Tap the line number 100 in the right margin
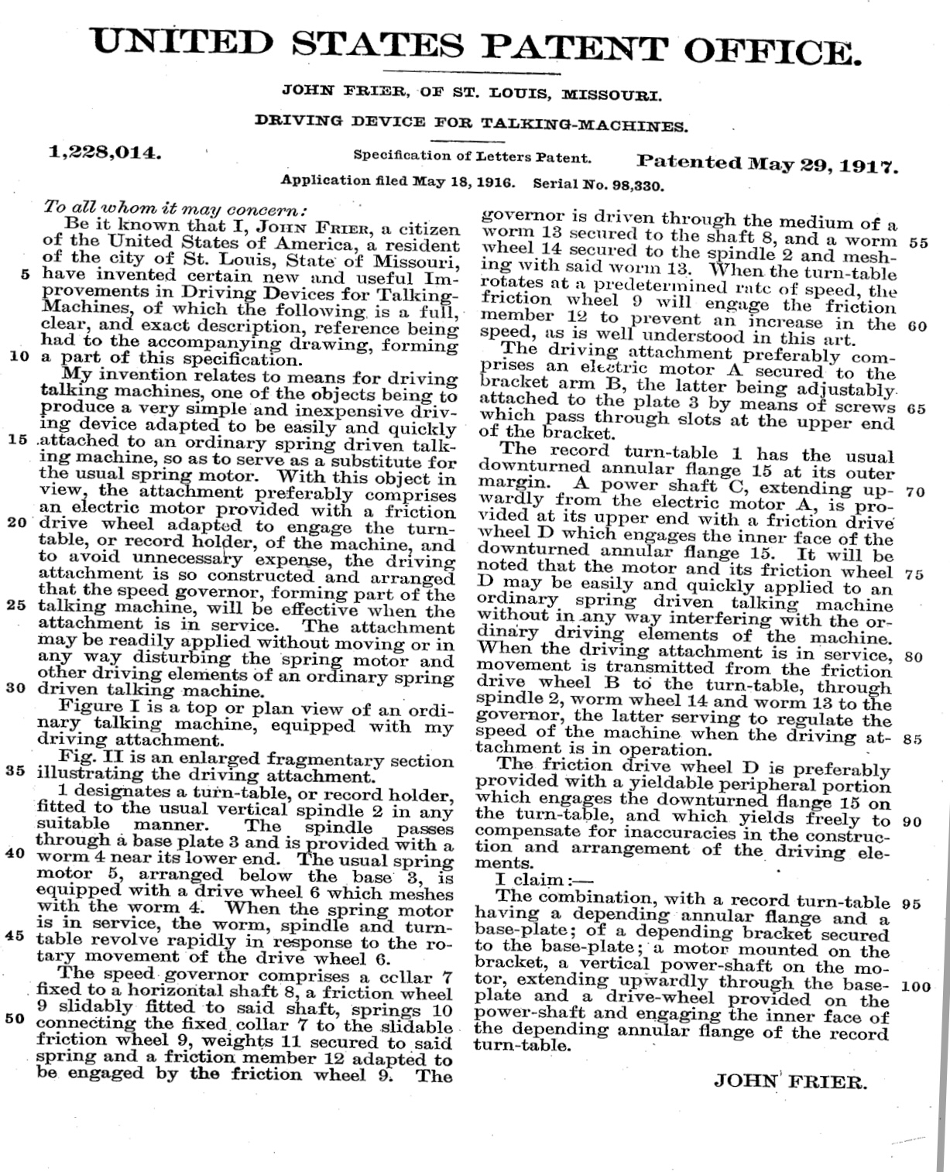tap(917, 988)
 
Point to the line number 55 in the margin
tap(918, 242)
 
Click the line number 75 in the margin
tap(914, 574)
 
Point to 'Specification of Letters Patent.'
tap(472, 156)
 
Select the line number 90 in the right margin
tap(912, 822)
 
